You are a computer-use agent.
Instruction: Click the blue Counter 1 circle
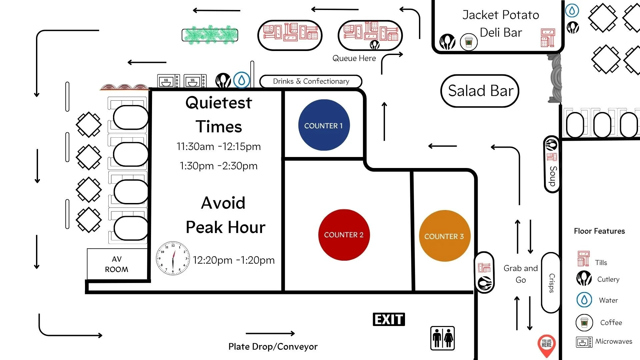tap(324, 125)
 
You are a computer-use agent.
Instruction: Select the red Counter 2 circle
tap(344, 235)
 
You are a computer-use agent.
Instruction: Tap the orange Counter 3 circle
tap(444, 236)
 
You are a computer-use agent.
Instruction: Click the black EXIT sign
tap(389, 319)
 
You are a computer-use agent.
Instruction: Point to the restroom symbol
tap(442, 338)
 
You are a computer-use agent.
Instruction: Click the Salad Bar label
tap(480, 91)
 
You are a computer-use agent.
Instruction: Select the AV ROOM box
tap(117, 264)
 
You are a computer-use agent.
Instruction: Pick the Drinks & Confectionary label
tap(311, 81)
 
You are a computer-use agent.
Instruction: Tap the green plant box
tap(210, 35)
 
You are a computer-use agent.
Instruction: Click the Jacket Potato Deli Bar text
tap(501, 23)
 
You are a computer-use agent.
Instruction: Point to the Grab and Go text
tap(520, 274)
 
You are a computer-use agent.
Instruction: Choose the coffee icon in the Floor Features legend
tap(584, 322)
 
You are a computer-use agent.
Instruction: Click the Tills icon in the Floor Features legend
tap(583, 259)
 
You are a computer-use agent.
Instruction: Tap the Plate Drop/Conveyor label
tap(273, 347)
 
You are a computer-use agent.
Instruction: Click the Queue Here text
tap(354, 58)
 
